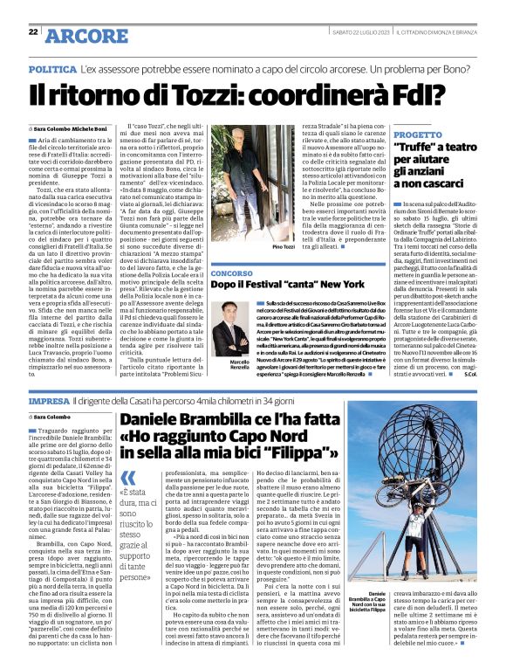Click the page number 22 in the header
coord(33,31)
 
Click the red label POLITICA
coord(51,68)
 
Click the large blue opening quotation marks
coord(129,478)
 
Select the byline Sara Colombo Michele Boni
coord(72,128)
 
